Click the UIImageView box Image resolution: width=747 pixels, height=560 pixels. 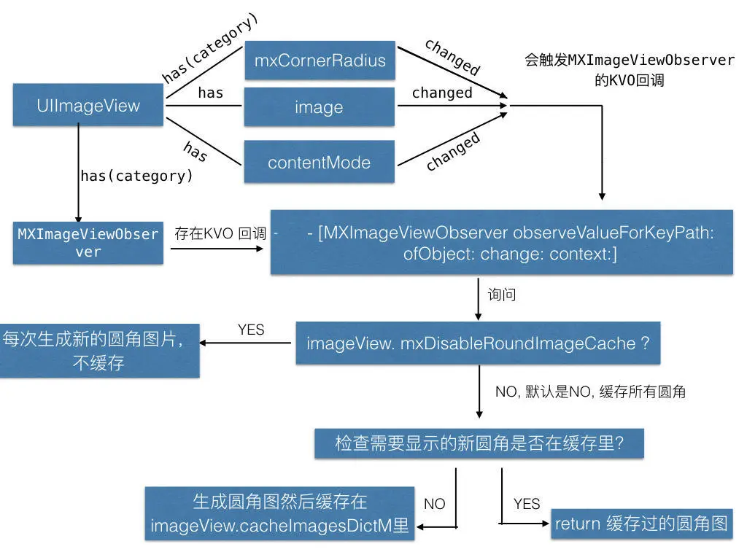[88, 105]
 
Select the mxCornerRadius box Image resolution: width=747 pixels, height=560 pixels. [319, 60]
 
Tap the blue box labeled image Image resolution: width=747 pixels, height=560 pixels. [319, 107]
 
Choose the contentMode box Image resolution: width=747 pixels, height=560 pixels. [319, 162]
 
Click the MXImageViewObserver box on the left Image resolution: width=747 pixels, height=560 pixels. [88, 243]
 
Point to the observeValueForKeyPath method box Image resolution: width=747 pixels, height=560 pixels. [501, 243]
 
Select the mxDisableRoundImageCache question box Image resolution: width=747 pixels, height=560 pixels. [478, 343]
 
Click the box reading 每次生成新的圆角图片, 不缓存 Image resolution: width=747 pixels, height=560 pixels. [99, 351]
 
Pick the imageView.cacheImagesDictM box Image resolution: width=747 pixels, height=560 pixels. [279, 514]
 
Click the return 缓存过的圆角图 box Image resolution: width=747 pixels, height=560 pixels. [641, 523]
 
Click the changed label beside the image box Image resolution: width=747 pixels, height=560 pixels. [442, 93]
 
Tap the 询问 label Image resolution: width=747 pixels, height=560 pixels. [502, 295]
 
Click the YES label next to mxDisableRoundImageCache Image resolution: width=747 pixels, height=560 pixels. [251, 330]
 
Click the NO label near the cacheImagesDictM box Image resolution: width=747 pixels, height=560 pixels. [434, 504]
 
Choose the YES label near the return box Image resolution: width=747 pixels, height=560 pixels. [527, 504]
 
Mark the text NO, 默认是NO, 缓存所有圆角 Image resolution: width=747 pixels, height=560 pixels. [590, 392]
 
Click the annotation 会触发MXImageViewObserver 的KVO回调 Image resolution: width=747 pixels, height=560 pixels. [629, 70]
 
